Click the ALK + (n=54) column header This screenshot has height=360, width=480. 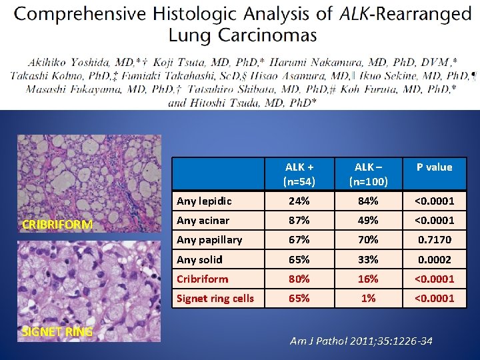point(298,173)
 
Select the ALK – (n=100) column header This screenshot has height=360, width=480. point(367,173)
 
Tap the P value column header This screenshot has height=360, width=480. point(434,167)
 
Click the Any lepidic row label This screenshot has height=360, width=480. point(205,201)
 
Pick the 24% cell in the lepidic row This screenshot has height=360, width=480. point(298,201)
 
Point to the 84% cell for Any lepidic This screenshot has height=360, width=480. point(367,201)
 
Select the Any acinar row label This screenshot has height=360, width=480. point(203,220)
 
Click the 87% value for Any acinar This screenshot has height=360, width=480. point(298,220)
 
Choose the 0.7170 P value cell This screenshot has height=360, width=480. point(434,239)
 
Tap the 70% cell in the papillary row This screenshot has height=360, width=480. point(367,239)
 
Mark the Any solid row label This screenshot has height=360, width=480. point(200,259)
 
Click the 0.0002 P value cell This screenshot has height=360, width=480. point(434,259)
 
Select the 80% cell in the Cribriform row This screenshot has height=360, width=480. point(298,279)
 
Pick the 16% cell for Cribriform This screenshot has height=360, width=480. point(367,279)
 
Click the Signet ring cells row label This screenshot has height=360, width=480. point(215,298)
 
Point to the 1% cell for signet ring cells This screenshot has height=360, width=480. point(367,298)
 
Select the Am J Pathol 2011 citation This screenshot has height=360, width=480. point(361,341)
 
